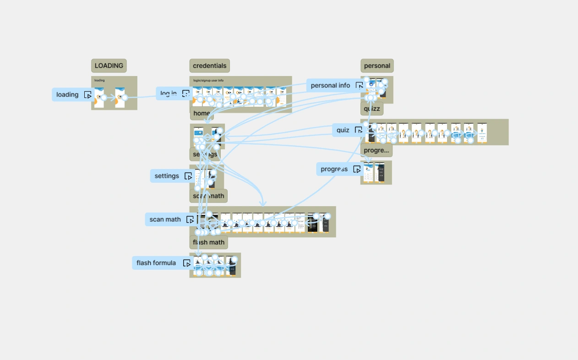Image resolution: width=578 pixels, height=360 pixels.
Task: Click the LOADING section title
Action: click(109, 65)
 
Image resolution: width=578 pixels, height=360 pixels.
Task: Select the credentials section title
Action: click(209, 65)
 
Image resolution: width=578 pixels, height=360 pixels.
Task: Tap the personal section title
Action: click(377, 65)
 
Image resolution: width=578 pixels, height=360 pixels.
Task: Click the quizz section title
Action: click(372, 109)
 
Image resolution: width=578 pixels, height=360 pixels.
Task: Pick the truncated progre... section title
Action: click(376, 150)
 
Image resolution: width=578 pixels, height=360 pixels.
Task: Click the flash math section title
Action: click(208, 242)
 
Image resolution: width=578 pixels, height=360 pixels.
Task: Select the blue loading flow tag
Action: click(67, 95)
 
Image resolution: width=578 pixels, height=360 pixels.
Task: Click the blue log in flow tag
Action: click(168, 93)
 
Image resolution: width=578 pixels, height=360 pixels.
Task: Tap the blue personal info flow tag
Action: click(330, 85)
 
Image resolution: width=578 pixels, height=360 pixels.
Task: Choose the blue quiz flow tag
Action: click(343, 130)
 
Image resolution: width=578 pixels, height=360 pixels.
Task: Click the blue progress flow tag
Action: click(334, 169)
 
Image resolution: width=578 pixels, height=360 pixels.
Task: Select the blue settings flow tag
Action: click(167, 176)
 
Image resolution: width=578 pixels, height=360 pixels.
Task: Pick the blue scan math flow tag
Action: click(165, 219)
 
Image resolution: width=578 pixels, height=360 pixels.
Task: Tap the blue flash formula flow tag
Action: click(156, 263)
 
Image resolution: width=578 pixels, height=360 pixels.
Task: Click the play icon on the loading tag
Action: click(88, 95)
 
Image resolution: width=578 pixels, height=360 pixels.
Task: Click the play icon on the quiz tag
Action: click(358, 130)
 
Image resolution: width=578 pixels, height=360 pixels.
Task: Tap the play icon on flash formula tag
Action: click(186, 263)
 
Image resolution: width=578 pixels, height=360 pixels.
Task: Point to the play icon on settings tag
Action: click(188, 176)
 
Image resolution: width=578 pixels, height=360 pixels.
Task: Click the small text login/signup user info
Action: click(208, 81)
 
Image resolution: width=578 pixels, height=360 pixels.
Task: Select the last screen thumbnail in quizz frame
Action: click(482, 133)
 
